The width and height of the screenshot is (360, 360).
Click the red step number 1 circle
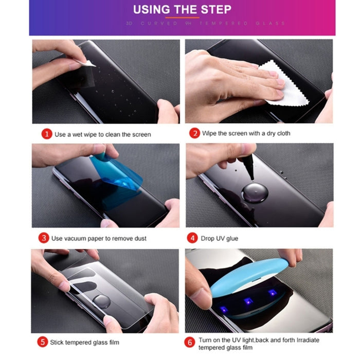pos(47,134)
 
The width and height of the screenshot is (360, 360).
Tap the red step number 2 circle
pos(195,133)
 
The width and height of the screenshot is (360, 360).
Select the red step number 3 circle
pos(44,238)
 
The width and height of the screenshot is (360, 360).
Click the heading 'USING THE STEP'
pos(182,10)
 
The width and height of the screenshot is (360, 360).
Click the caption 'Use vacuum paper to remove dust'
pos(99,239)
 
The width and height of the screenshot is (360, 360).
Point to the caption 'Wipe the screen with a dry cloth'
pos(246,133)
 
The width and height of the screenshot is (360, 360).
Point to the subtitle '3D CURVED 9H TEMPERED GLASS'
pos(182,23)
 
